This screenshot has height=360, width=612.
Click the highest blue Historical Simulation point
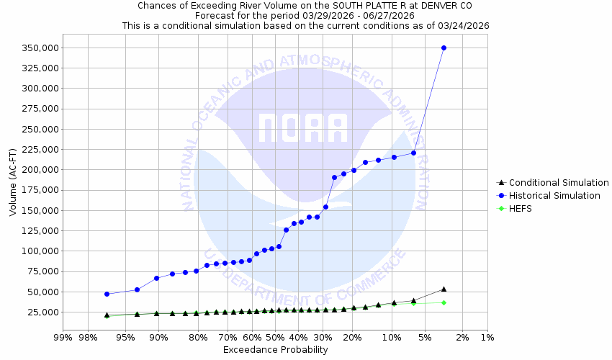(444, 48)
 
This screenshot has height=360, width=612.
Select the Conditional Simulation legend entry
(554, 183)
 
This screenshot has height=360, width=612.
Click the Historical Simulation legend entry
(554, 196)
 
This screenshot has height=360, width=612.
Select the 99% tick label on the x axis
(63, 337)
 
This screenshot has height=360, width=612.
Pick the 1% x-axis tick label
(487, 337)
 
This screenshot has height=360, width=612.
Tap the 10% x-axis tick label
(392, 337)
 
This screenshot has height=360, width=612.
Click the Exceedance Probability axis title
(275, 350)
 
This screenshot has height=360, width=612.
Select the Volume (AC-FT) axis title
(13, 179)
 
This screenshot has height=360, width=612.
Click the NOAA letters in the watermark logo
(303, 127)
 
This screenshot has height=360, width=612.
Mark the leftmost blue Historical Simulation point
(107, 294)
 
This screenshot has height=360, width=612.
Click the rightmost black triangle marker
(444, 289)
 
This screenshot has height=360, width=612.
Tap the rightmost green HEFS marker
(444, 302)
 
